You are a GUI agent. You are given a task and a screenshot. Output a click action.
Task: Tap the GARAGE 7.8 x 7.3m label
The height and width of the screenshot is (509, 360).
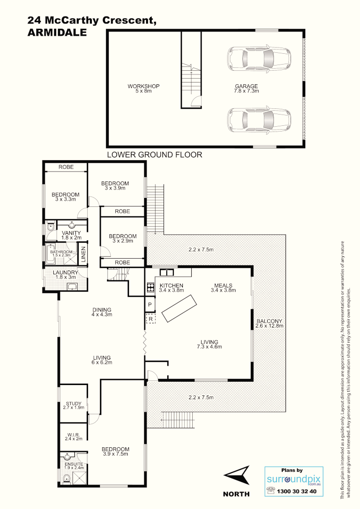247,89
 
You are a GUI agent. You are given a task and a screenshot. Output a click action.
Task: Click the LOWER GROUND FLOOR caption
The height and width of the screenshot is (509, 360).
155,155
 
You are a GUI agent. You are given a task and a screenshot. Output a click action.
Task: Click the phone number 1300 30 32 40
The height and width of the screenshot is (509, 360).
297,491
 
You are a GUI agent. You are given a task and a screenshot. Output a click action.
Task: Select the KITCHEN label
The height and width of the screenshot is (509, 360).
172,286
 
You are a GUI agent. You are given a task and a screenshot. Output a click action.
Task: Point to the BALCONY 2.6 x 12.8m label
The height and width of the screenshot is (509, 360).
269,323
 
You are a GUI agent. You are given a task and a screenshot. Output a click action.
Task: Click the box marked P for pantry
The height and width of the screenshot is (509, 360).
150,304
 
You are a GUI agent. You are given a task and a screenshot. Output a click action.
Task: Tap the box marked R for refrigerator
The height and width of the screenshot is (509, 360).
150,319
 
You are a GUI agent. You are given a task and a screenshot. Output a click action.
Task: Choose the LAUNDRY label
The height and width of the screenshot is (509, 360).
65,275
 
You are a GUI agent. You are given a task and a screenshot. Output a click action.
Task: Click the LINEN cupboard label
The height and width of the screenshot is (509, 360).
83,254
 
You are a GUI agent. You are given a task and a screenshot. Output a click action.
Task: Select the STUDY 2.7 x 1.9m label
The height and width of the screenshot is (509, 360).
74,405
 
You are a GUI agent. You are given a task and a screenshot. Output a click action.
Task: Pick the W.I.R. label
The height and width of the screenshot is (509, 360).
74,436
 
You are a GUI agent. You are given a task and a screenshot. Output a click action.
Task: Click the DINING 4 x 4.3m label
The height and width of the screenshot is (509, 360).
102,312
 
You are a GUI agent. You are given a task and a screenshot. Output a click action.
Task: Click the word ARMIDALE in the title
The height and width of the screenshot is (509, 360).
57,33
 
